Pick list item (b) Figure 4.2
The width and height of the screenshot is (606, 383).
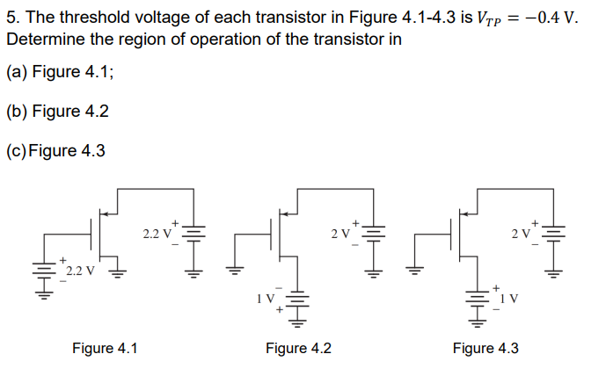(58, 112)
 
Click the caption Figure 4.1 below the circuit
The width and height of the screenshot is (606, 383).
(105, 349)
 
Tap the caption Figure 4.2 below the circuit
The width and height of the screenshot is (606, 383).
(298, 349)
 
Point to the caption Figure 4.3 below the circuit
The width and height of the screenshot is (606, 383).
(486, 349)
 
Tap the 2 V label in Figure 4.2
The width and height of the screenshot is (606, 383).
(340, 234)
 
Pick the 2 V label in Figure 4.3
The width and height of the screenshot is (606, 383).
(521, 234)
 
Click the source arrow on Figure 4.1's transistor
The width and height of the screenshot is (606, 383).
(106, 211)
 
